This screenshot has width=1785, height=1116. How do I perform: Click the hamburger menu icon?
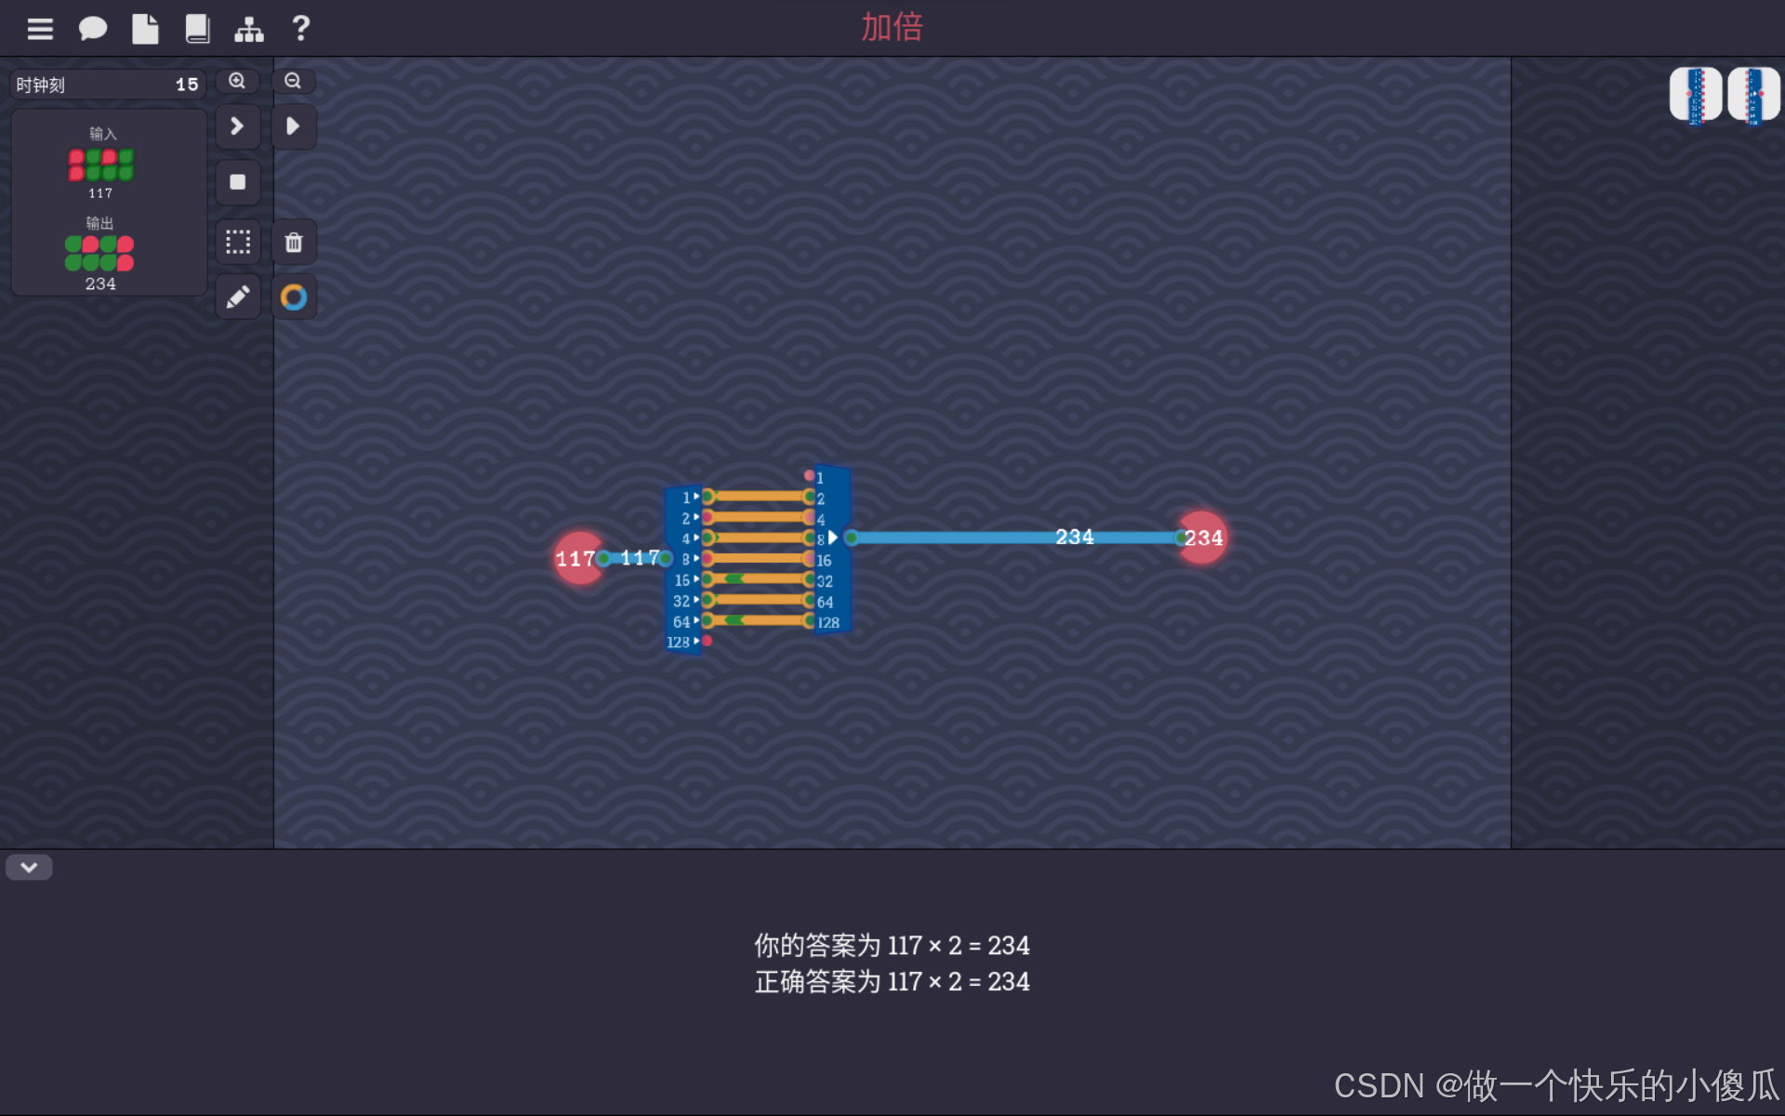tap(40, 29)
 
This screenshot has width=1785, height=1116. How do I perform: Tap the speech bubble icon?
tap(92, 29)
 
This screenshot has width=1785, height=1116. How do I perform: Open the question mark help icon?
tap(300, 29)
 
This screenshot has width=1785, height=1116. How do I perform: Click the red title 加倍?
tap(892, 27)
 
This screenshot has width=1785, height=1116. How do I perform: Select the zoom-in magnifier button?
tap(237, 81)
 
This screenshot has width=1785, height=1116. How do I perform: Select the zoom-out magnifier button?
tap(293, 81)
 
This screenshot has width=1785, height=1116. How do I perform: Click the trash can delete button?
tap(294, 243)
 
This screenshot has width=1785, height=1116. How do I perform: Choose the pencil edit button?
tap(238, 298)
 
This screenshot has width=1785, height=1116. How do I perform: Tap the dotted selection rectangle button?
tap(238, 243)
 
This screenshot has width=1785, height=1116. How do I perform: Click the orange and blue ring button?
tap(294, 298)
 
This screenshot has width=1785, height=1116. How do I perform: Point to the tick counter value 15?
tap(187, 85)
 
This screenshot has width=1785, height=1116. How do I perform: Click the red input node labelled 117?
tap(577, 558)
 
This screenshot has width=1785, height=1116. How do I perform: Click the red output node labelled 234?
tap(1202, 538)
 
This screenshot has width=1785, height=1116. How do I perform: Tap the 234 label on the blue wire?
tap(1074, 537)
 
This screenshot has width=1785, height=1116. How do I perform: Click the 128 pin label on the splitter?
tap(679, 642)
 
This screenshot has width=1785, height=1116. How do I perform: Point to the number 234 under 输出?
tap(100, 284)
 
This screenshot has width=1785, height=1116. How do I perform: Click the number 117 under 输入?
tap(100, 193)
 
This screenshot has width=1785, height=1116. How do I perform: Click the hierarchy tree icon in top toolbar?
tap(248, 29)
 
